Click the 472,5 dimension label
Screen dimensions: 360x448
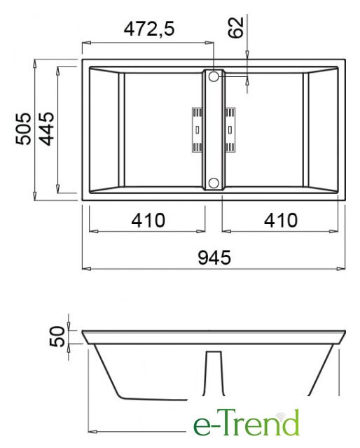click(x=149, y=29)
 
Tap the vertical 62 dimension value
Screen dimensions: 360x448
click(x=236, y=27)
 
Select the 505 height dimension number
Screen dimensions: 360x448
click(x=23, y=129)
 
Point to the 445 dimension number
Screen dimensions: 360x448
click(x=46, y=129)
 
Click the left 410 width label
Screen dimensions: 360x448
click(x=148, y=220)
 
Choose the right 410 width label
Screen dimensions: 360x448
click(x=281, y=220)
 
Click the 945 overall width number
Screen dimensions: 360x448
click(x=214, y=258)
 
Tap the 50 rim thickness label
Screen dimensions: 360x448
click(x=57, y=336)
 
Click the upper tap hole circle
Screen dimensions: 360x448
click(x=214, y=76)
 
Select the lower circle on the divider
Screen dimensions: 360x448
click(x=214, y=183)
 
